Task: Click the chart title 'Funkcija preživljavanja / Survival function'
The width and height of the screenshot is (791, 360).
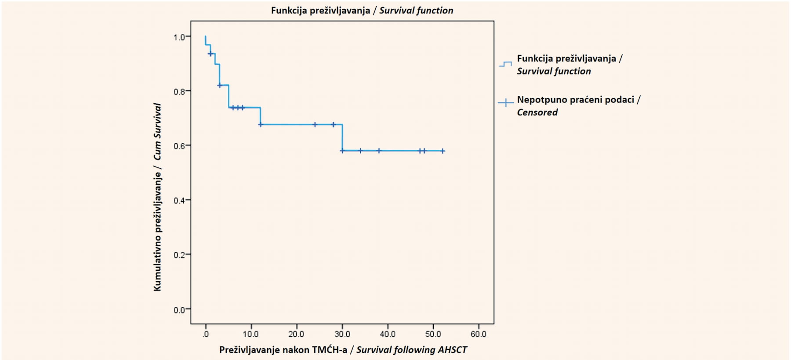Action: (362, 11)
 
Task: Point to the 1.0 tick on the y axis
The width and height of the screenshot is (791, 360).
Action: (179, 37)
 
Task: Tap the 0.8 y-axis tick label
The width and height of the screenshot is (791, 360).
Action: (179, 91)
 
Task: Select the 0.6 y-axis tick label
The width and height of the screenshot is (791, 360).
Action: (179, 146)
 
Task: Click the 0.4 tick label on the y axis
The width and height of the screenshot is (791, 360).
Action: (179, 200)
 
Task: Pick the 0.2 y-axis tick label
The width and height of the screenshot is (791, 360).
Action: (179, 255)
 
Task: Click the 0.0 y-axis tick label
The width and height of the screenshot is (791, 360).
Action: (179, 310)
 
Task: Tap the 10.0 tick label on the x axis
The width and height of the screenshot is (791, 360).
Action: (251, 334)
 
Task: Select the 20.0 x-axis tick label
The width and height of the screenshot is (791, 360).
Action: (297, 334)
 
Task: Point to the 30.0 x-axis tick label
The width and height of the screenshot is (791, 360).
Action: (342, 334)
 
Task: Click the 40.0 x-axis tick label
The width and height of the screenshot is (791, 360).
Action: (388, 334)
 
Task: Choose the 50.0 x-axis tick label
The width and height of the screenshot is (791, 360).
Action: (433, 334)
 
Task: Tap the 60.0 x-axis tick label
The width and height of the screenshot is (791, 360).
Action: (479, 334)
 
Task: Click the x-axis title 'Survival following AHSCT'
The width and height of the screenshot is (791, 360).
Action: (411, 350)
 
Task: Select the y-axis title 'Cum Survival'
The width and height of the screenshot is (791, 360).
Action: (157, 131)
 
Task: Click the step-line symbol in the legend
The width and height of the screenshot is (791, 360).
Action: (506, 64)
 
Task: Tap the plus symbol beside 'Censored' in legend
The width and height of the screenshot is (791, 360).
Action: (506, 103)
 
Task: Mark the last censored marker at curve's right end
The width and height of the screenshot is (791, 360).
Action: (443, 151)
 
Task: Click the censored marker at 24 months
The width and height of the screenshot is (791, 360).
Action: (315, 124)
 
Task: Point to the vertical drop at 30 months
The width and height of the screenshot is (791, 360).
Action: (342, 138)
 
